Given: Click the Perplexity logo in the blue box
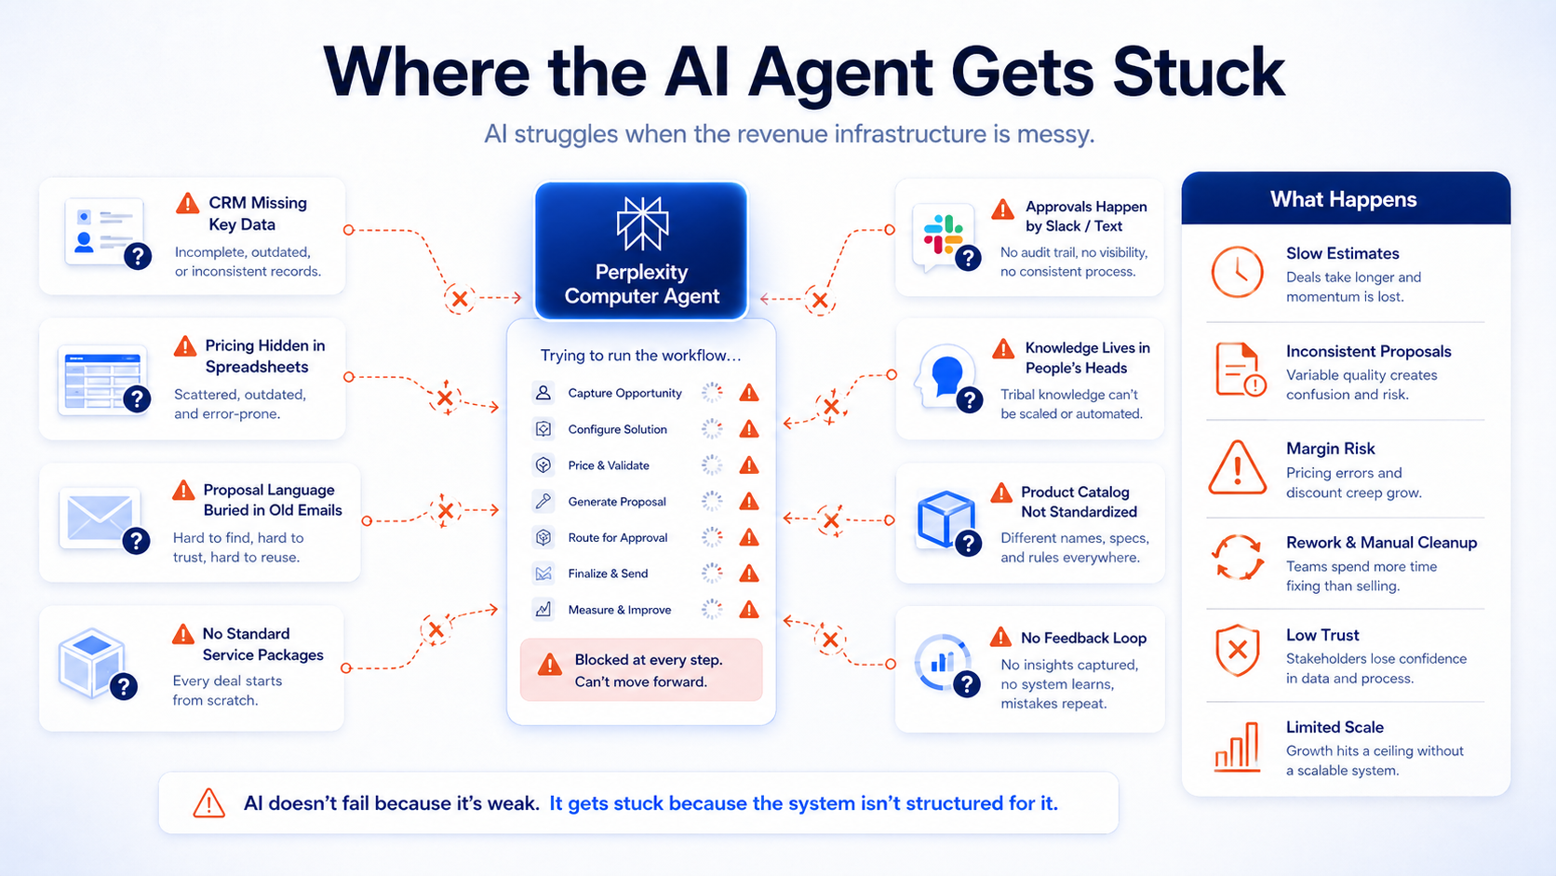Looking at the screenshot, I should (642, 223).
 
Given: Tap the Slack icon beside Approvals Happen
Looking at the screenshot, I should (942, 235).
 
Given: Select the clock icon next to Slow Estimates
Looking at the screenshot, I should (1237, 272).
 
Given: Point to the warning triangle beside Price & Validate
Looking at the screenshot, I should (748, 465).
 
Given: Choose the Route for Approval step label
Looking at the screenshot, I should (617, 538).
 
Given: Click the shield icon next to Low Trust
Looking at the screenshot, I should (1237, 650).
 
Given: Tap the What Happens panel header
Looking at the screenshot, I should (1344, 199).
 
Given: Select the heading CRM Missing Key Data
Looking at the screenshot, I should (256, 213).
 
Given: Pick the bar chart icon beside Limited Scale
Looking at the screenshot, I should (1237, 747).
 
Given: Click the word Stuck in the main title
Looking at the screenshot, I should (1198, 73).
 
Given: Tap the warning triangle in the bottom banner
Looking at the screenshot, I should (208, 802).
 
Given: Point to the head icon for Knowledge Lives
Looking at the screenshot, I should (944, 374).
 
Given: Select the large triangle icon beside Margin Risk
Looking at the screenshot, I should (1237, 467).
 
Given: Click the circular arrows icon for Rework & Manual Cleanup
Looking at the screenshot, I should (1237, 557).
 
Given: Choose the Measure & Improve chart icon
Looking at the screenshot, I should (543, 610).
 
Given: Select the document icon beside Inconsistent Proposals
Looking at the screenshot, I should (1238, 369).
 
